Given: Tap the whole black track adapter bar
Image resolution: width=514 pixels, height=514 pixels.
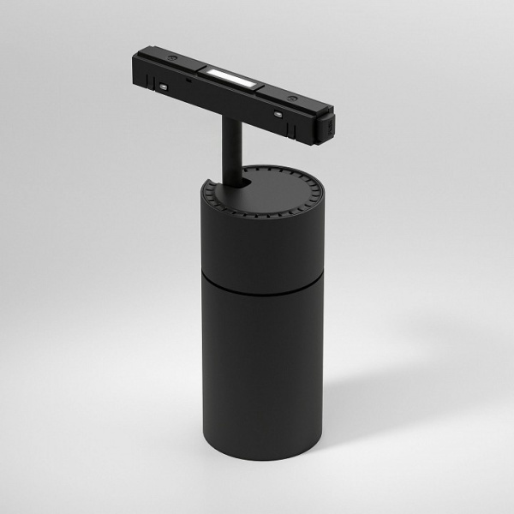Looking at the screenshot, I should coord(231,90).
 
